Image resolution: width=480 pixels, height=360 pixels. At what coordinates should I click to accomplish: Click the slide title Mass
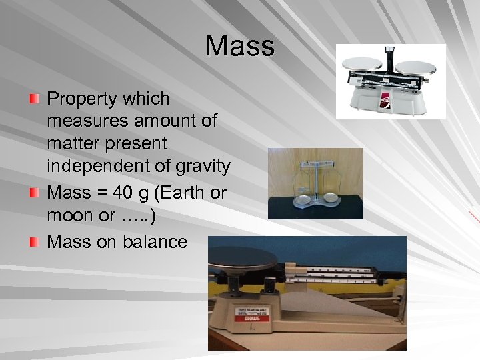(x=240, y=46)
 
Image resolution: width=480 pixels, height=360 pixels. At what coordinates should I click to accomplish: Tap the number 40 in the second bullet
(x=123, y=193)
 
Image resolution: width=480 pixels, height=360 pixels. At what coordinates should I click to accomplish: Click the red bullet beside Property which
(x=34, y=99)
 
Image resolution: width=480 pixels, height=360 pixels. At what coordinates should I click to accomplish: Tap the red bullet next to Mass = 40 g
(x=34, y=193)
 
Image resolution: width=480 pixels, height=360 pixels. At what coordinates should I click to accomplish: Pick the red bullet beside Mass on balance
(x=34, y=241)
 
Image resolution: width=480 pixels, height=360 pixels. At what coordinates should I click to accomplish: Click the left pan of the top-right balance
(x=361, y=63)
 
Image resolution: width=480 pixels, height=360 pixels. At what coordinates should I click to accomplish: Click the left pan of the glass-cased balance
(x=303, y=198)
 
